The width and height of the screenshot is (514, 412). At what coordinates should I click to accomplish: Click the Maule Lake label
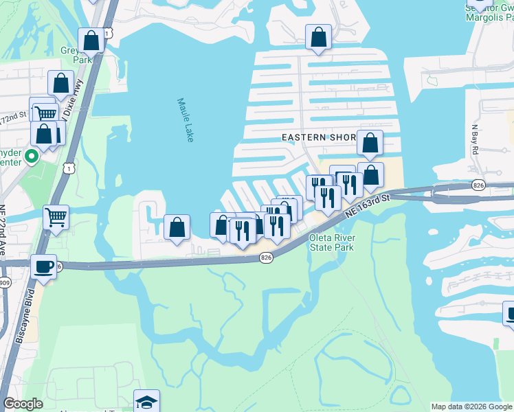pyautogui.click(x=185, y=119)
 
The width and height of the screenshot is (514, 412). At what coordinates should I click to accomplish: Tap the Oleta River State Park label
pyautogui.click(x=331, y=242)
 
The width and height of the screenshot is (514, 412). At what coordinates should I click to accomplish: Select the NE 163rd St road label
pyautogui.click(x=368, y=206)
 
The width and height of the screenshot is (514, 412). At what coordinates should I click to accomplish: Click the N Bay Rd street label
pyautogui.click(x=474, y=139)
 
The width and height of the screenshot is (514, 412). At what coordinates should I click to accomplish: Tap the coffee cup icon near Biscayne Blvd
pyautogui.click(x=44, y=266)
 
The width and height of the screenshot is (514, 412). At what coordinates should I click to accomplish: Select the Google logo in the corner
pyautogui.click(x=23, y=404)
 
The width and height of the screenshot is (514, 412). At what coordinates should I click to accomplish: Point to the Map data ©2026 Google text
pyautogui.click(x=471, y=407)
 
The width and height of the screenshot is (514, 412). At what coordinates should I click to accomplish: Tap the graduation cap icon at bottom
pyautogui.click(x=146, y=401)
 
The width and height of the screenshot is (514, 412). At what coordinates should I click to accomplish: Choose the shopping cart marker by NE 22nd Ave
pyautogui.click(x=56, y=217)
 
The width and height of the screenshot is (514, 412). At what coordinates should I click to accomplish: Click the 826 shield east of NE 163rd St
pyautogui.click(x=479, y=185)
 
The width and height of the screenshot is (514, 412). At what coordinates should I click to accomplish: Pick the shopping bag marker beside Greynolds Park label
pyautogui.click(x=91, y=41)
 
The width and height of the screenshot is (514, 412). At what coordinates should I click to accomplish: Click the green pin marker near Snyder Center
pyautogui.click(x=31, y=157)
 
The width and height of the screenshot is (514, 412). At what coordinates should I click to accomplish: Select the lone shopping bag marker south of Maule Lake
pyautogui.click(x=177, y=227)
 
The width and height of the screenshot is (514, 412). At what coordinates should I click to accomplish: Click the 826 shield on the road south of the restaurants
pyautogui.click(x=267, y=257)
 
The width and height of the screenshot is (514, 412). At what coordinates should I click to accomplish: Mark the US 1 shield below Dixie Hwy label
pyautogui.click(x=68, y=167)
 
